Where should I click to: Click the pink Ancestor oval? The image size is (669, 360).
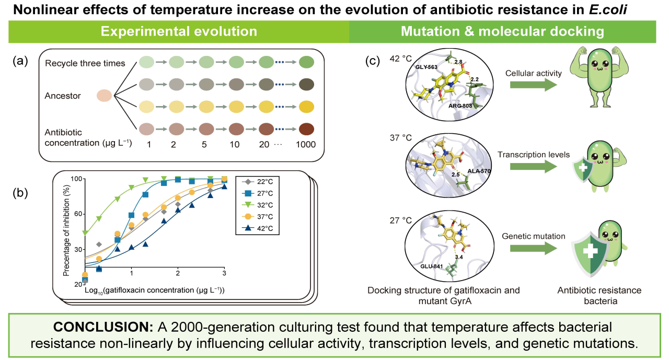(105, 96)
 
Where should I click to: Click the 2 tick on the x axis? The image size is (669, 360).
(178, 273)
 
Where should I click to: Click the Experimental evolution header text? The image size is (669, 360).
(179, 31)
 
